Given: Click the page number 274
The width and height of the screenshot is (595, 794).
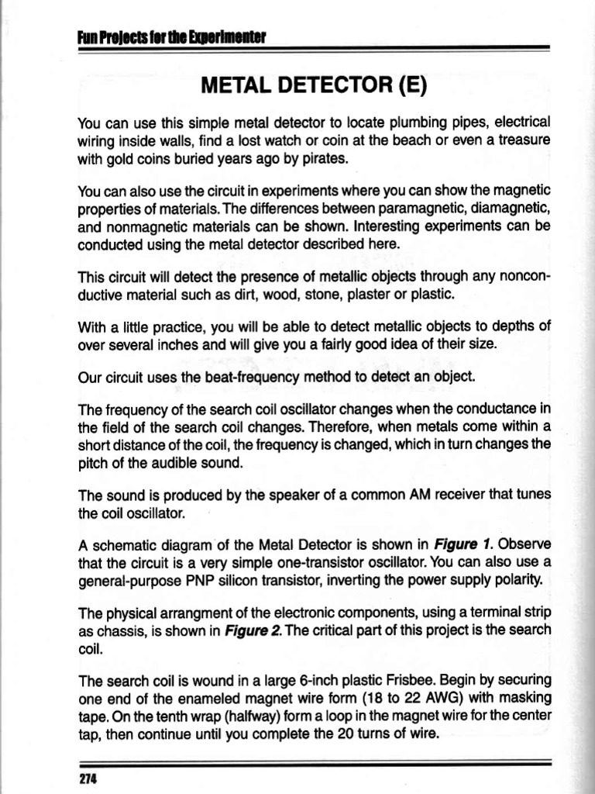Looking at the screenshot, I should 87,778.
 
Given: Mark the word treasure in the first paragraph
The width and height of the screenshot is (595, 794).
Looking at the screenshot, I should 520,141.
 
